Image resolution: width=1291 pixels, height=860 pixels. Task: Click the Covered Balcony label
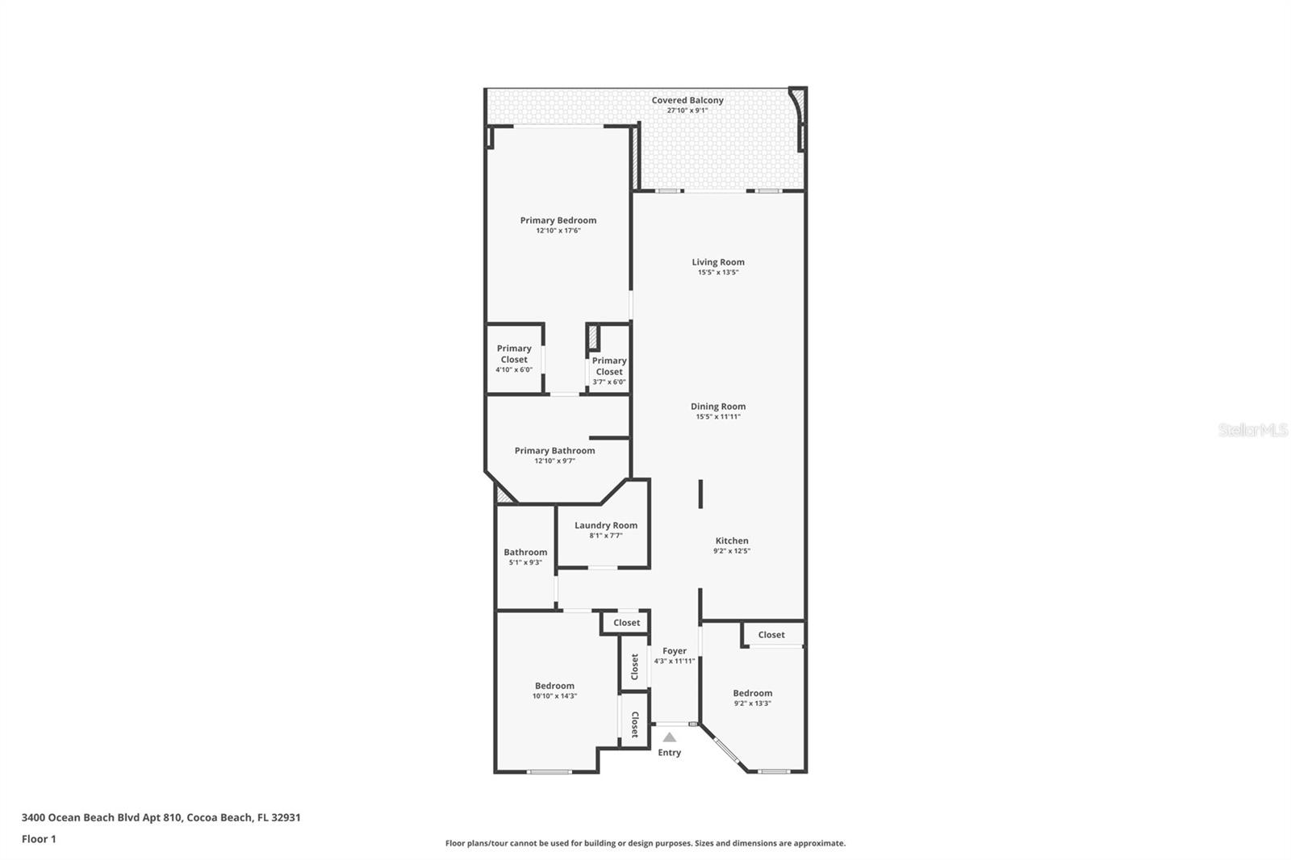tap(687, 101)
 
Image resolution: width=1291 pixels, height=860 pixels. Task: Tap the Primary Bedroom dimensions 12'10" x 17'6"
tap(558, 231)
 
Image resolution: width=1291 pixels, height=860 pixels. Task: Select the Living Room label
tap(717, 262)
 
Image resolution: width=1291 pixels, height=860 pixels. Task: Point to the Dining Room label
tap(717, 407)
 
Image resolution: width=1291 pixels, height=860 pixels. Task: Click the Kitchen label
tap(731, 541)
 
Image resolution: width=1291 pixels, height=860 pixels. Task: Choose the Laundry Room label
tap(605, 525)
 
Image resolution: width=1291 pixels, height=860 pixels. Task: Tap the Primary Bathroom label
tap(554, 451)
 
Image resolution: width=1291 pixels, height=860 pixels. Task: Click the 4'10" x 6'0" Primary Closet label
tap(514, 359)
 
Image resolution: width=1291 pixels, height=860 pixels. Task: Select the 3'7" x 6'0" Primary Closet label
tap(608, 371)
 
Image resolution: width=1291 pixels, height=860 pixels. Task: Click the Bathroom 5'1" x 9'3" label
tap(525, 557)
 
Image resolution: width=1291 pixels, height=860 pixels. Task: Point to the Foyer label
tap(674, 651)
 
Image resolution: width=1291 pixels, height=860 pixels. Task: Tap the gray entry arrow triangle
tap(669, 737)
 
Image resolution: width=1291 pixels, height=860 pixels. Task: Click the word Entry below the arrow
tap(669, 753)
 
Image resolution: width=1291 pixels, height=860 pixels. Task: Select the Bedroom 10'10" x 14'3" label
tap(554, 691)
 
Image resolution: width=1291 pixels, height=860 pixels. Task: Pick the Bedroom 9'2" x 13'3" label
tap(752, 698)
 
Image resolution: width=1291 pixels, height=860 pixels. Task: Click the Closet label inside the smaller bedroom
tap(771, 635)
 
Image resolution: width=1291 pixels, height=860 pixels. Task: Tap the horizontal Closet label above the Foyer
tap(626, 623)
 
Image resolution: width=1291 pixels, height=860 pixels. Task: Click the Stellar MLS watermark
tap(1252, 430)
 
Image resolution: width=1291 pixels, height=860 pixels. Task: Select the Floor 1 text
tap(39, 839)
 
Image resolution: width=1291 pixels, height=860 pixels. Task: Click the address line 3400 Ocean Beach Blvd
tap(161, 817)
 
